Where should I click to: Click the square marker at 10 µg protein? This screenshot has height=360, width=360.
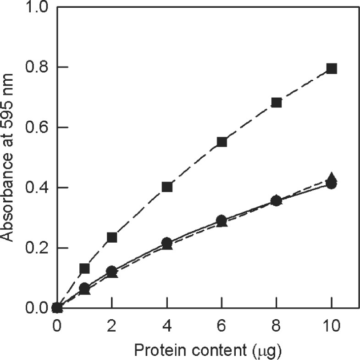(x=332, y=69)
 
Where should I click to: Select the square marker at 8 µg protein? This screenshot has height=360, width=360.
(x=277, y=102)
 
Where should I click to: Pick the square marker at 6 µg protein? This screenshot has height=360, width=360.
(x=222, y=142)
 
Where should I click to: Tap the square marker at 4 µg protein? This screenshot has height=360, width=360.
(x=167, y=187)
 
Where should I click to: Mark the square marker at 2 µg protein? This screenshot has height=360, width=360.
(x=112, y=237)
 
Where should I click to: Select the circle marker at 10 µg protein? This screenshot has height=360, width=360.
(x=332, y=184)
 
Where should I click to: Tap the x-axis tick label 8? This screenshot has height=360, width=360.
(x=277, y=327)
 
